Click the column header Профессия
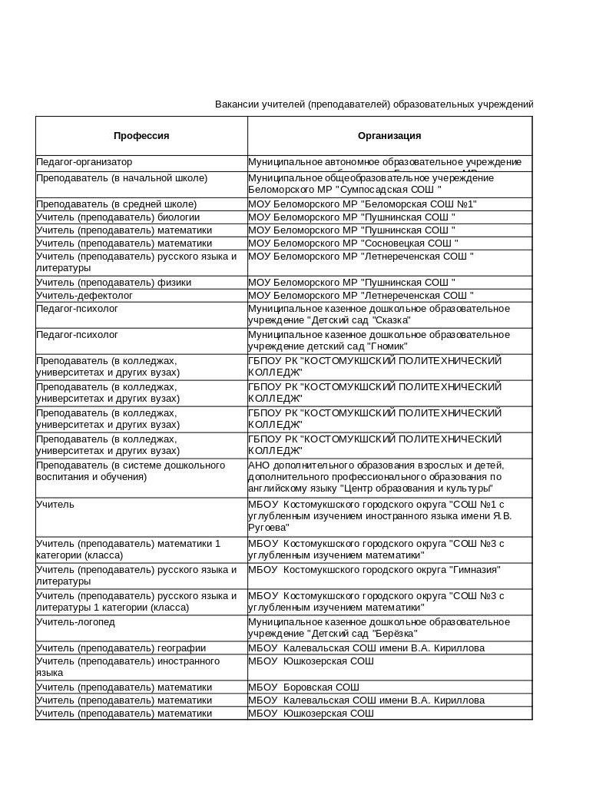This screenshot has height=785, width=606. (141, 136)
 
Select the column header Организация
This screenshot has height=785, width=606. (389, 136)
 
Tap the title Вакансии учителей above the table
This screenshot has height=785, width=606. (373, 104)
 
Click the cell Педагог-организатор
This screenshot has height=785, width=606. (84, 163)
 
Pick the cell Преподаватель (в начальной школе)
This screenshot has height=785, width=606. (122, 178)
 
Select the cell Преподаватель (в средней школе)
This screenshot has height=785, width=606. (117, 204)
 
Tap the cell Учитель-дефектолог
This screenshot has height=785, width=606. (84, 296)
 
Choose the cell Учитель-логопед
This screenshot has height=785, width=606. (75, 622)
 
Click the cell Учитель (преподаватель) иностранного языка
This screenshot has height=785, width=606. (127, 667)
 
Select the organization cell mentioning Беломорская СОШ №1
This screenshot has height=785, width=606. (363, 204)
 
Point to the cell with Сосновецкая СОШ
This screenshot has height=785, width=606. (353, 243)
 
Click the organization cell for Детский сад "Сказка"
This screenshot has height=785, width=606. (379, 315)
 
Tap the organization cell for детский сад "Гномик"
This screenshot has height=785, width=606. (379, 341)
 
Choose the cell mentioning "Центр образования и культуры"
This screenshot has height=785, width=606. (376, 477)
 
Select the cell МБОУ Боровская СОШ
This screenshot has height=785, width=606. (304, 687)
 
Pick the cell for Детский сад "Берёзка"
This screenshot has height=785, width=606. (379, 628)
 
